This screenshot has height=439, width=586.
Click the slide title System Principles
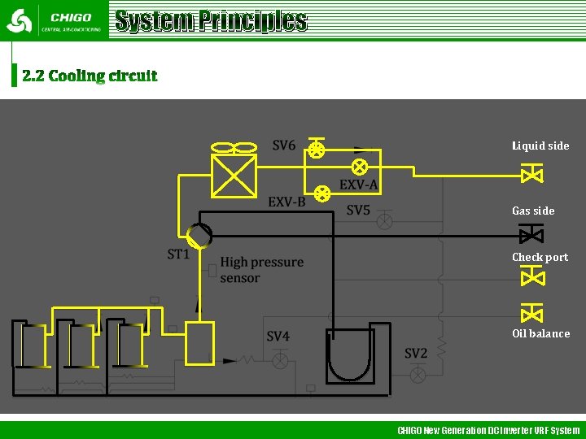coord(211,20)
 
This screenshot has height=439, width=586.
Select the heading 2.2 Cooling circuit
coord(90,76)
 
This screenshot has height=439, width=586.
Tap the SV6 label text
coord(284,146)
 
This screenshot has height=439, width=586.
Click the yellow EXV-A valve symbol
coord(359,167)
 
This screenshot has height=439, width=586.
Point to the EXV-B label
coord(286,202)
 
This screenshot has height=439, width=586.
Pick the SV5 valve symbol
coord(384,220)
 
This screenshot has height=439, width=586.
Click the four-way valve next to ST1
coord(199,236)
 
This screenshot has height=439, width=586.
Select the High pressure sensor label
coord(261,270)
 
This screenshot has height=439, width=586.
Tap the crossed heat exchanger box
coord(234,176)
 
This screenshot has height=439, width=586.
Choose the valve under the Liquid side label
coord(532,174)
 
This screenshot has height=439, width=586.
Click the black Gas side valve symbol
coord(532,236)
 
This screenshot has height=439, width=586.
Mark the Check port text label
coord(540,257)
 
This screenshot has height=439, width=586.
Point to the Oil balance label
coord(540,333)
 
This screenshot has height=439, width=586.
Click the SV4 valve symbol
coord(280,359)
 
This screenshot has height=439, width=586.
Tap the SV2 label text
coord(416,353)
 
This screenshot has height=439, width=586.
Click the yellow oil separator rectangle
coord(199,343)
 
